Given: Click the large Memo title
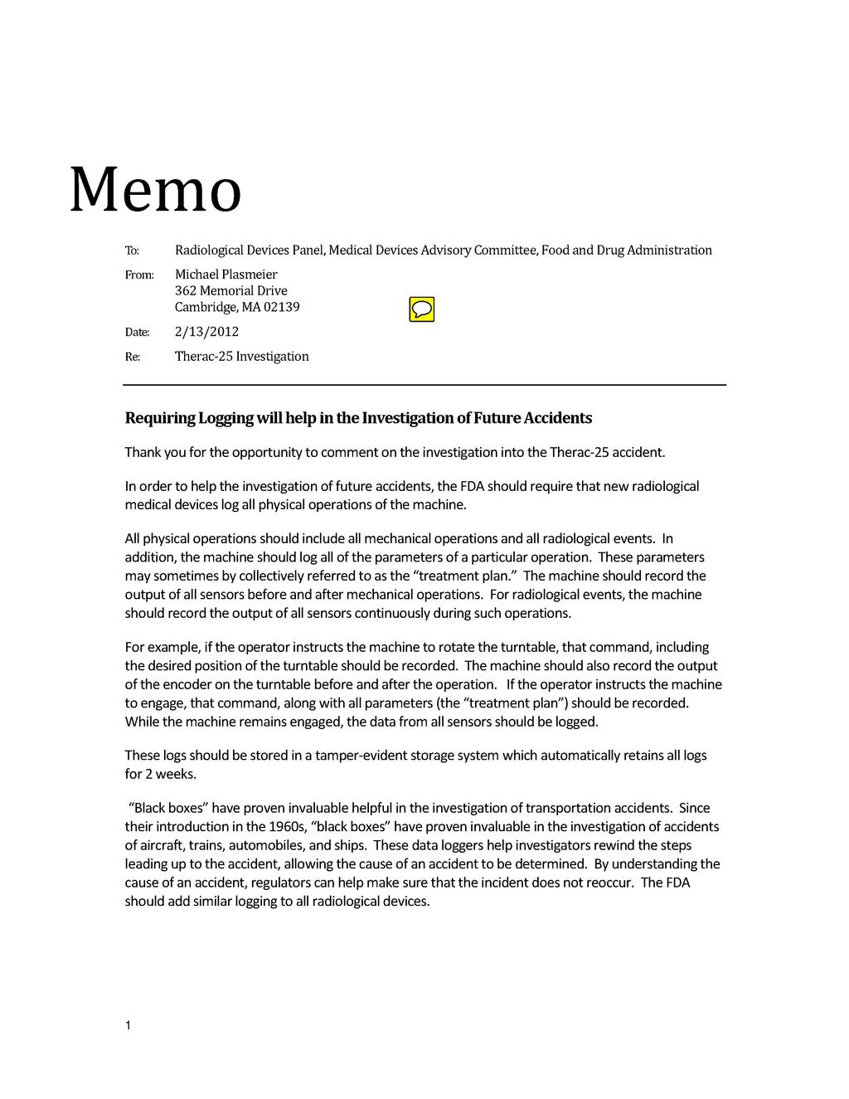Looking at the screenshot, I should pyautogui.click(x=155, y=190).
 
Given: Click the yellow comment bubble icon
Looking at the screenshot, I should pyautogui.click(x=421, y=309).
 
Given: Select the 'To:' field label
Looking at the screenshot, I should pyautogui.click(x=132, y=250).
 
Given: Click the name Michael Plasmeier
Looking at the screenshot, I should pyautogui.click(x=226, y=275).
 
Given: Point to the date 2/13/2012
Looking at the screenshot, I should pyautogui.click(x=206, y=332).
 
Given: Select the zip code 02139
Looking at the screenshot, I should pyautogui.click(x=282, y=308).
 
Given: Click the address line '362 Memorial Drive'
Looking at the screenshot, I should pyautogui.click(x=230, y=291).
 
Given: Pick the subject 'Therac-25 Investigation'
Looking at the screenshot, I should pyautogui.click(x=241, y=357).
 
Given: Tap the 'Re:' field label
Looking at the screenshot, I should pyautogui.click(x=133, y=357).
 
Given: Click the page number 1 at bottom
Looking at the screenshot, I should pyautogui.click(x=129, y=1027).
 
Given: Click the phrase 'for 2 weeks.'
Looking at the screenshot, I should pyautogui.click(x=161, y=775).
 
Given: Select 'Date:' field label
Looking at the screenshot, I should pyautogui.click(x=137, y=333).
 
